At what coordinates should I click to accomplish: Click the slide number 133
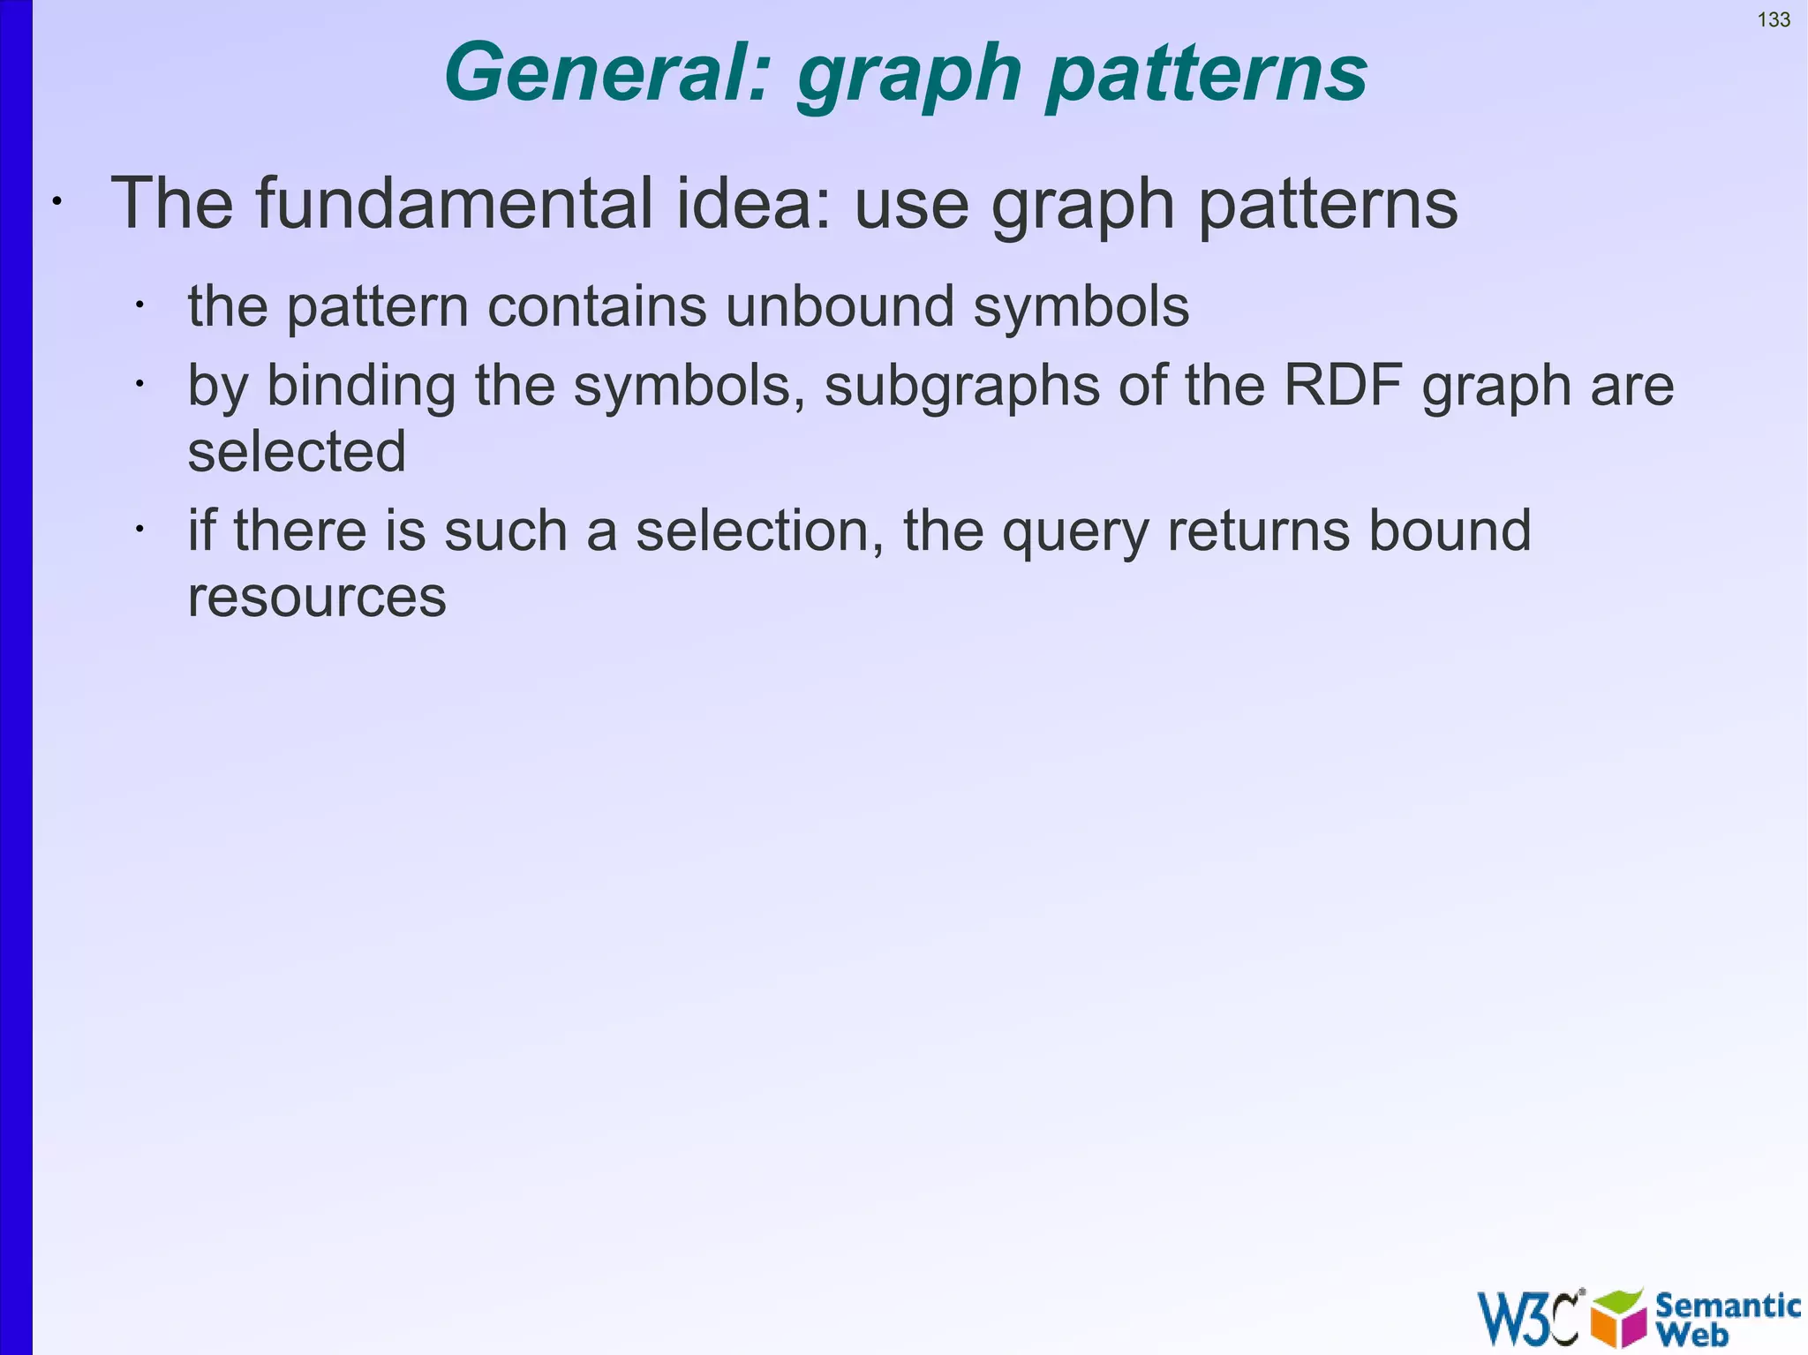point(1774,19)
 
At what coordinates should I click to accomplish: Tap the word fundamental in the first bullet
point(456,204)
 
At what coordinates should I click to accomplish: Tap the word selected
point(297,452)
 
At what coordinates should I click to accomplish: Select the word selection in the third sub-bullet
point(759,531)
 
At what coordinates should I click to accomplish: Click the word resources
point(317,598)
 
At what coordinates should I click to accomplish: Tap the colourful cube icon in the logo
point(1618,1318)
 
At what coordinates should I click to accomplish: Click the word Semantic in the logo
point(1728,1305)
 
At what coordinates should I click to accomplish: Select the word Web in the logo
point(1693,1335)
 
